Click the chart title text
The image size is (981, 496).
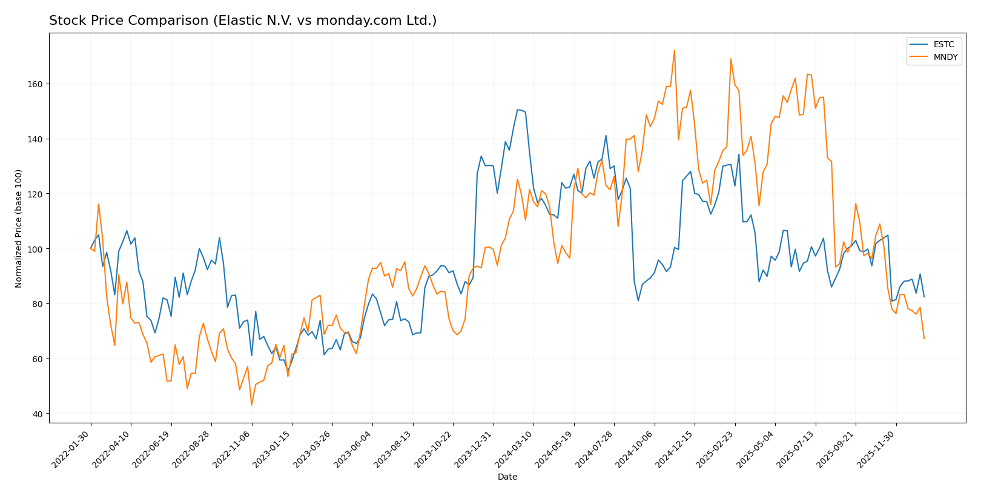coord(242,21)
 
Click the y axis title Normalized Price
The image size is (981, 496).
coord(19,228)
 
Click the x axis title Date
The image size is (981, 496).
coord(507,477)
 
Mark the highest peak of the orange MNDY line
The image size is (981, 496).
coord(674,51)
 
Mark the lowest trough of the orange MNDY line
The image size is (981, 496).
coord(251,405)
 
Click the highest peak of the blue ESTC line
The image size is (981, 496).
coord(518,110)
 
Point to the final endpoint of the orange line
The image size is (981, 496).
coord(924,339)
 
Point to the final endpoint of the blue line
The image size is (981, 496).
coord(924,297)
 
